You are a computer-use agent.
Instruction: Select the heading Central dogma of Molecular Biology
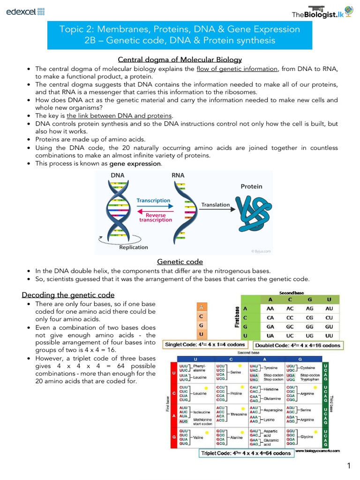point(180,60)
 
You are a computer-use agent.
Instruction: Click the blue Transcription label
point(153,200)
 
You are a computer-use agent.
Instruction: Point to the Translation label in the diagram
point(216,205)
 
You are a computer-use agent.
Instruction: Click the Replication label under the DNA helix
point(133,247)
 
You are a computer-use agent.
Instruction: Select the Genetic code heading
point(180,262)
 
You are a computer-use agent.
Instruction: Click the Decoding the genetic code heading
point(68,295)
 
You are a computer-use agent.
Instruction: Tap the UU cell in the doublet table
point(329,336)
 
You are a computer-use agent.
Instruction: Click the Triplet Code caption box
point(246,453)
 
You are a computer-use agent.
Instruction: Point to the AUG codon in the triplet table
point(184,421)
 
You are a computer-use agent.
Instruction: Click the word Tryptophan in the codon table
point(310,380)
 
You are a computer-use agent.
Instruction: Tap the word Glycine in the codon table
point(307,437)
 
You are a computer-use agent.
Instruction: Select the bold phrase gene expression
point(135,164)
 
